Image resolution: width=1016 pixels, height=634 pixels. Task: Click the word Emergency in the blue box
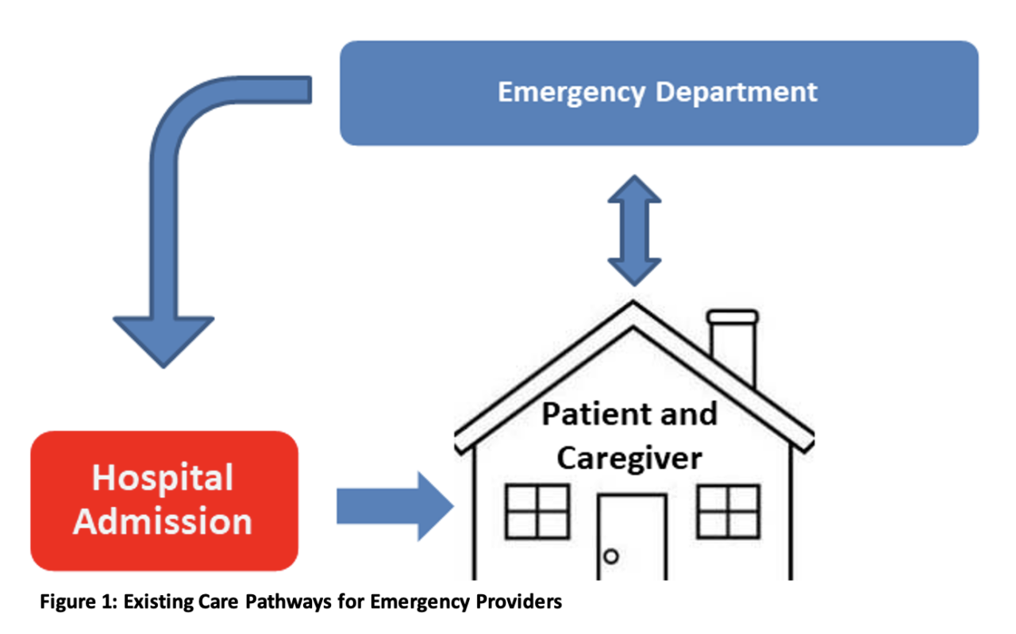[571, 93]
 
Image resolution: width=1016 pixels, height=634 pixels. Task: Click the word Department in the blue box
[737, 93]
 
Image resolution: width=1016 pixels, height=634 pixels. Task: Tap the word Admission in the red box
[163, 521]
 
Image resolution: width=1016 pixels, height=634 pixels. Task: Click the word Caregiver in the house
[629, 459]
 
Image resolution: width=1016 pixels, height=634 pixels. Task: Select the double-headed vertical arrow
[634, 231]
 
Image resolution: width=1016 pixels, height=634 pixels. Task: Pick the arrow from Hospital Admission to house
[394, 506]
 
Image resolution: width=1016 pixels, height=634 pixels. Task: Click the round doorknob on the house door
[611, 556]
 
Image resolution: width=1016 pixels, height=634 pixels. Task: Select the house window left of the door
[537, 512]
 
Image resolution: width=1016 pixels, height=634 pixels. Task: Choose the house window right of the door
[729, 512]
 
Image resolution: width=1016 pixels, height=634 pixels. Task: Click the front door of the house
[633, 537]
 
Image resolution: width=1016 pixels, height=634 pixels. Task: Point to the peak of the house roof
[633, 302]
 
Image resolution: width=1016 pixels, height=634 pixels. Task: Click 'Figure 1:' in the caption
[79, 602]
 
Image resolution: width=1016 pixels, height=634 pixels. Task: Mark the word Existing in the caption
[158, 602]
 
